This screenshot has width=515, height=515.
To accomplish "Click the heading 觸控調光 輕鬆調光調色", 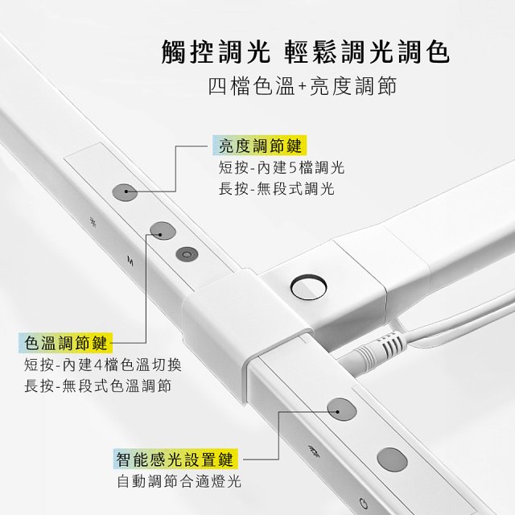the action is pyautogui.click(x=305, y=51).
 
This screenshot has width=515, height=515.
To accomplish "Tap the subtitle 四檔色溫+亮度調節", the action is pyautogui.click(x=303, y=86).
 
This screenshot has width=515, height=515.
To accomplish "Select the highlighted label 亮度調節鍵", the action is pyautogui.click(x=260, y=146).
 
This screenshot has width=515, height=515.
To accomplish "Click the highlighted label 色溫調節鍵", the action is pyautogui.click(x=66, y=343).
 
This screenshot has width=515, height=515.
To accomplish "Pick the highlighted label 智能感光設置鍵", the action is pyautogui.click(x=175, y=459).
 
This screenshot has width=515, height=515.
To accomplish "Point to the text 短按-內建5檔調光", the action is pyautogui.click(x=282, y=167).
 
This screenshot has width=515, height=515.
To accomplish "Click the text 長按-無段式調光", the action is pyautogui.click(x=277, y=189).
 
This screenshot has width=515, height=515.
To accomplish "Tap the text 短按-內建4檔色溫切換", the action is pyautogui.click(x=103, y=365).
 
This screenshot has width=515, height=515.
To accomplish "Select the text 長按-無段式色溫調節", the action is pyautogui.click(x=98, y=386).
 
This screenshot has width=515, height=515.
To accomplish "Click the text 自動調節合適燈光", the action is pyautogui.click(x=179, y=481).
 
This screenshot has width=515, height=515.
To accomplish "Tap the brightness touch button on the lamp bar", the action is pyautogui.click(x=125, y=192).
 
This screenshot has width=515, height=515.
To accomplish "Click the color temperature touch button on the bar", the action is pyautogui.click(x=163, y=231).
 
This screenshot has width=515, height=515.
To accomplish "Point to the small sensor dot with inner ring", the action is pyautogui.click(x=187, y=254).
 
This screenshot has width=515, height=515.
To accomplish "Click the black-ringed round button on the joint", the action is pyautogui.click(x=308, y=286).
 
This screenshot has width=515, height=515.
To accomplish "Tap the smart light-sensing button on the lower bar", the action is pyautogui.click(x=342, y=410).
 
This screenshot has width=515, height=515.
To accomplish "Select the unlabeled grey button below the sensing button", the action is pyautogui.click(x=392, y=459).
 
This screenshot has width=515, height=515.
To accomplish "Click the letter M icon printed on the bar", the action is pyautogui.click(x=130, y=261).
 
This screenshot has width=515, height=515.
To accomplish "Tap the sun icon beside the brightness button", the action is pyautogui.click(x=93, y=221).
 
